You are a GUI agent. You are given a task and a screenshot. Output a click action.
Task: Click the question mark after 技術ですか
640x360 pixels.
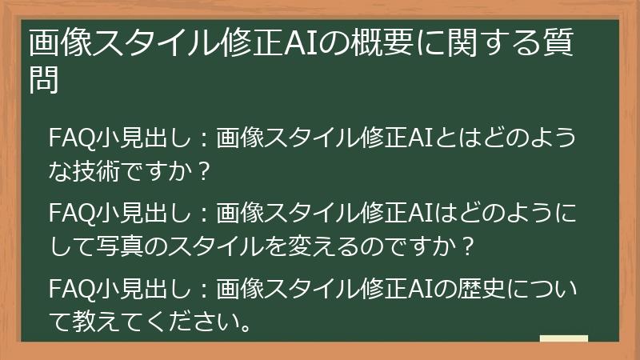(x=205, y=170)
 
